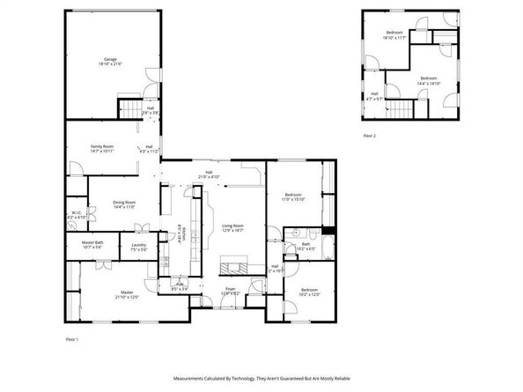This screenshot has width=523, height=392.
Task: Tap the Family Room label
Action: [102, 149]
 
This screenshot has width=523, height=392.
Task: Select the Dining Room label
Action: [123, 204]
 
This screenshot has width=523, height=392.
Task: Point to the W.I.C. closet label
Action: [77, 214]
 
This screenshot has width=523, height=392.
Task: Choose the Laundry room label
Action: [138, 247]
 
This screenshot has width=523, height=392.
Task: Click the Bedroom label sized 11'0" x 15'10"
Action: [292, 196]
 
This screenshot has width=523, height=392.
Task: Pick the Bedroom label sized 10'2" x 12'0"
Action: [309, 292]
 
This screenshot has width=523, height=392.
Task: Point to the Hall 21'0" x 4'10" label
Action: [210, 174]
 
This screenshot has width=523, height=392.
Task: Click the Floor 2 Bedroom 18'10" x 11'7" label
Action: [393, 36]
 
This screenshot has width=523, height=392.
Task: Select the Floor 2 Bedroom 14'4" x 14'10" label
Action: [429, 80]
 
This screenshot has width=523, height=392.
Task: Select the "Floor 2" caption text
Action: [369, 136]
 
